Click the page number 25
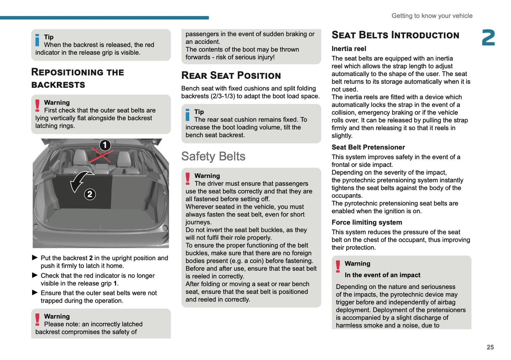[x=490, y=347]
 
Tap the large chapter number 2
[x=488, y=37]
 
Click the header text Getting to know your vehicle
[x=432, y=16]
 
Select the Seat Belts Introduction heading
[x=395, y=35]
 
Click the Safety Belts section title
[x=213, y=156]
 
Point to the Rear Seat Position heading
[x=231, y=75]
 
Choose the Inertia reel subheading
[x=349, y=49]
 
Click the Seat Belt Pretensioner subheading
[x=368, y=147]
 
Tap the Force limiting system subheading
[x=367, y=222]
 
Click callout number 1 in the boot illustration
[x=105, y=145]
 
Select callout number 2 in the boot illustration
[x=90, y=194]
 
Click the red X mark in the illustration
[x=101, y=155]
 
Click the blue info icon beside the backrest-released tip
[x=37, y=40]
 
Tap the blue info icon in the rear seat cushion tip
[x=188, y=115]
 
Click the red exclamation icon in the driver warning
[x=188, y=179]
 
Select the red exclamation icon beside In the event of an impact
[x=338, y=267]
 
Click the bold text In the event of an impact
[x=382, y=275]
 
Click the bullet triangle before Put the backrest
[x=35, y=258]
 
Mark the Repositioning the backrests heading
[x=77, y=78]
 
